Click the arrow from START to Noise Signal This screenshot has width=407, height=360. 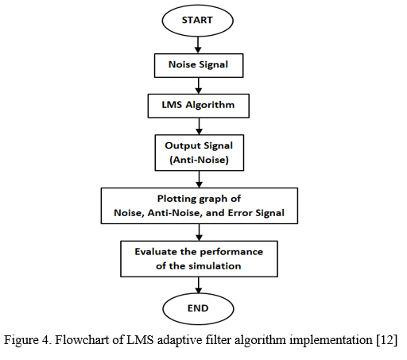point(198,45)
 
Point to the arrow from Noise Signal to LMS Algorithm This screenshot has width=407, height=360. point(199,86)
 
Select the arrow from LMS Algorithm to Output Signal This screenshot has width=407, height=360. point(199,126)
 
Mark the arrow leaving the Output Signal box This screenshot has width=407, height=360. point(199,180)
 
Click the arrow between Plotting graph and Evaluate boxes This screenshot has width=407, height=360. point(199,232)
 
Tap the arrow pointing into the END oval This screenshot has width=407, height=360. point(199,285)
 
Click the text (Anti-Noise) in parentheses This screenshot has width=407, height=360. point(199,160)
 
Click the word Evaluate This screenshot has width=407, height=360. point(156,251)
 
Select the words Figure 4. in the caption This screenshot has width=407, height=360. point(27,340)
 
